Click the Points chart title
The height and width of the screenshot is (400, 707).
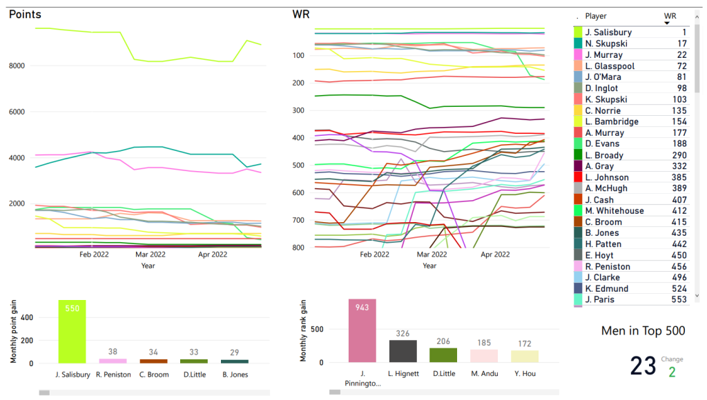[x=25, y=14]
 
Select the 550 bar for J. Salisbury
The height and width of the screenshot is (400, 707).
[x=72, y=332]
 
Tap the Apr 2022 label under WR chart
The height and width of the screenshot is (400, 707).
[x=494, y=254]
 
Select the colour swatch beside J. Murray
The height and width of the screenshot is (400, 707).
[x=578, y=54]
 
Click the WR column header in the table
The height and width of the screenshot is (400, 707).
[x=670, y=16]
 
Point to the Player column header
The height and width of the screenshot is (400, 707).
[x=596, y=16]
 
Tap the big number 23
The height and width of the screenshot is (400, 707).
[x=643, y=366]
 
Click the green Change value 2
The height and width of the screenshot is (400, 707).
[x=672, y=372]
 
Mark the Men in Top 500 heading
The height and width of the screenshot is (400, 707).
[x=643, y=331]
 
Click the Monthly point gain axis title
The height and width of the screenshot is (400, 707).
[x=13, y=332]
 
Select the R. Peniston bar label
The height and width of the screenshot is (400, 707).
[x=113, y=374]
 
